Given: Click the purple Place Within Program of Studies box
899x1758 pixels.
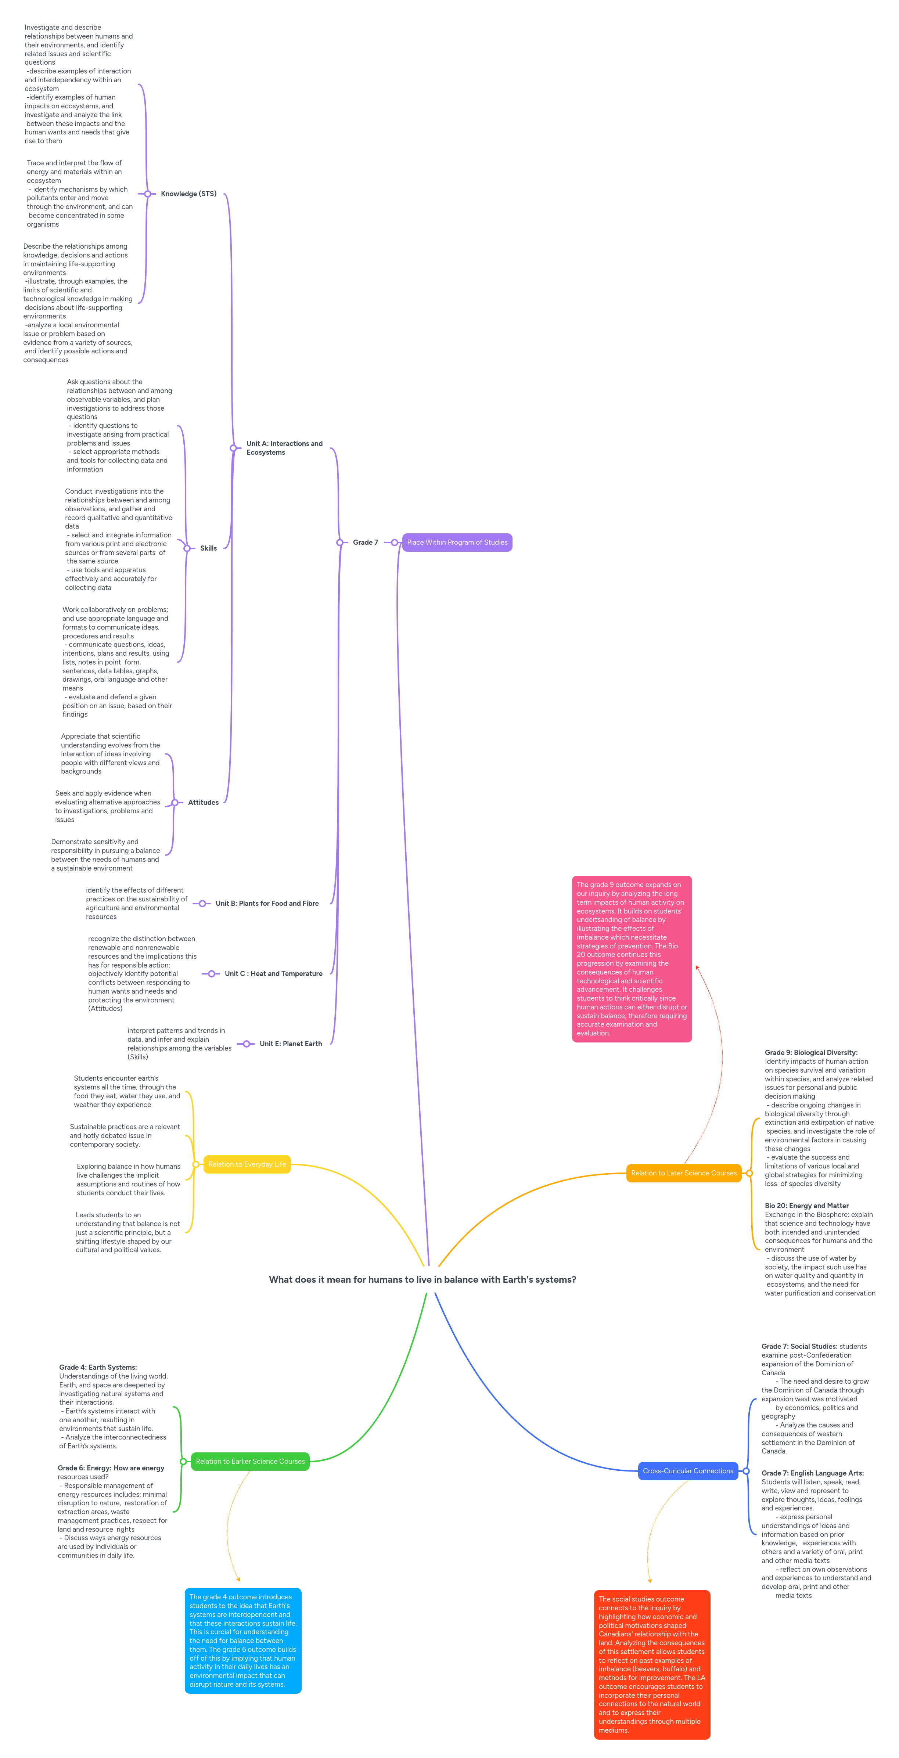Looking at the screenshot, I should (457, 543).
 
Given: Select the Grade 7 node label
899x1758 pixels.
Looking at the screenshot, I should (365, 543).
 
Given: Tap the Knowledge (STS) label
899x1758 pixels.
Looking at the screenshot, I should (188, 194).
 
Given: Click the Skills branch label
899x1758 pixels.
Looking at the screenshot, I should (208, 548).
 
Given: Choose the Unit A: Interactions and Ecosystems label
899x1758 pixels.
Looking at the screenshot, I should (284, 448).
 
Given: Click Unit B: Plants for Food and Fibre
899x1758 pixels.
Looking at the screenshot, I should (267, 904).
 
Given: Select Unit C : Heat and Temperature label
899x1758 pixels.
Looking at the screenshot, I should (273, 974).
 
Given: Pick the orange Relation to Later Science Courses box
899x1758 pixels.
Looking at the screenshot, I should (683, 1173).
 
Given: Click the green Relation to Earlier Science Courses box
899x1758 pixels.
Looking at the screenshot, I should (250, 1461).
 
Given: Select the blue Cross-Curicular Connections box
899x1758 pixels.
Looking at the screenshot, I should (687, 1471).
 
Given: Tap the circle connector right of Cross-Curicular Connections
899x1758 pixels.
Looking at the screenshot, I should (746, 1471).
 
